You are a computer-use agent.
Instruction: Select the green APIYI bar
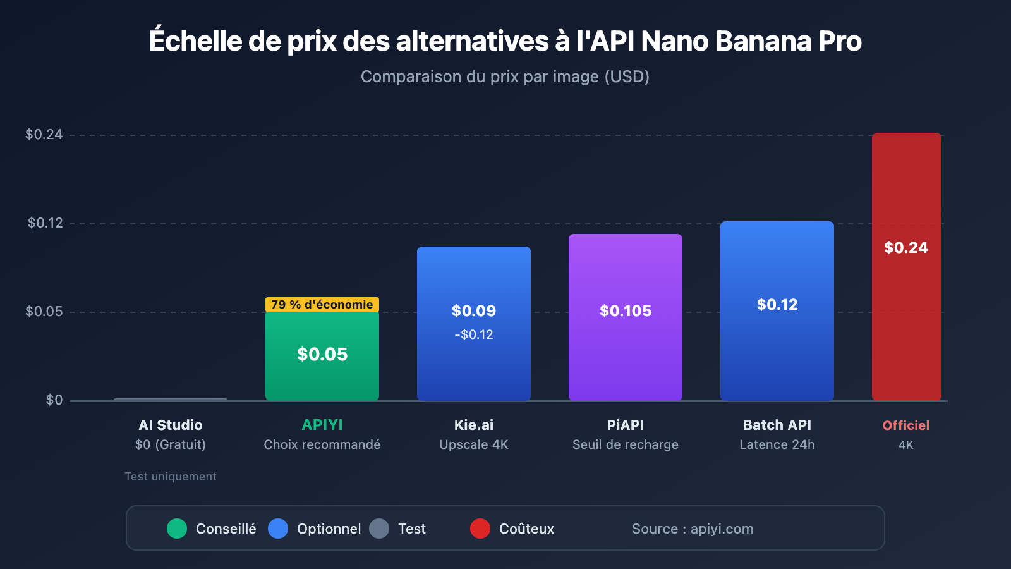pyautogui.click(x=322, y=373)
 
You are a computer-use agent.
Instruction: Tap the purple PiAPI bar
pyautogui.click(x=626, y=354)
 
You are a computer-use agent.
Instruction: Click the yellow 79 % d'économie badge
pyautogui.click(x=322, y=305)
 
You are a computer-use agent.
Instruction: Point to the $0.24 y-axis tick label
pyautogui.click(x=44, y=134)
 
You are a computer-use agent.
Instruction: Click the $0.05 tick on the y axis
pyautogui.click(x=44, y=311)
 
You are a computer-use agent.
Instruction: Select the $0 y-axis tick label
pyautogui.click(x=54, y=400)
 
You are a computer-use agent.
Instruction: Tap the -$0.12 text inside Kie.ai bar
pyautogui.click(x=474, y=334)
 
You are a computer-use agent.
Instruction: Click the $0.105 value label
pyautogui.click(x=626, y=311)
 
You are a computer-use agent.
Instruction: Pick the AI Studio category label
pyautogui.click(x=171, y=425)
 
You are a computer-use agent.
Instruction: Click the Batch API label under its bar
pyautogui.click(x=777, y=425)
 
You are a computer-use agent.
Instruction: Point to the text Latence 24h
pyautogui.click(x=777, y=444)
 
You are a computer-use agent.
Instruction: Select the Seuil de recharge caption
pyautogui.click(x=626, y=444)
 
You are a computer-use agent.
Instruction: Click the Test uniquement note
pyautogui.click(x=171, y=477)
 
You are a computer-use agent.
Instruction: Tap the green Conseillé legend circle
pyautogui.click(x=177, y=529)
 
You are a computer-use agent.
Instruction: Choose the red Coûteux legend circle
pyautogui.click(x=480, y=529)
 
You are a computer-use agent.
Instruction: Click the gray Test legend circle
pyautogui.click(x=379, y=529)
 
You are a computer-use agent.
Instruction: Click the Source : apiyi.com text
pyautogui.click(x=693, y=529)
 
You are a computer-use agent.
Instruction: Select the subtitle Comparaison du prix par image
pyautogui.click(x=505, y=76)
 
